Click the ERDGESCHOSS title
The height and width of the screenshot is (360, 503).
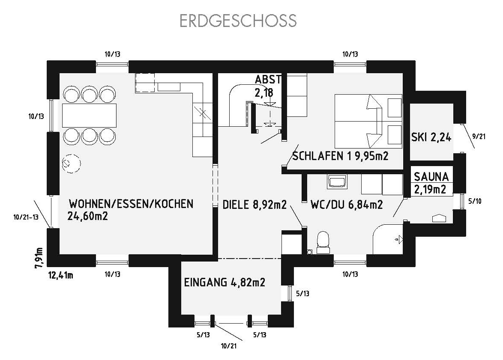pyautogui.click(x=238, y=21)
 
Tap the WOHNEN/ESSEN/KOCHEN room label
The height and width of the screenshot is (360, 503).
pyautogui.click(x=131, y=204)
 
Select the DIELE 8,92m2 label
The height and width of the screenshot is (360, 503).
pyautogui.click(x=254, y=205)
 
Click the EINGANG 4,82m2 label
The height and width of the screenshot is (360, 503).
pyautogui.click(x=225, y=283)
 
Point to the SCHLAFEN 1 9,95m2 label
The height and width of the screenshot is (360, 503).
pyautogui.click(x=340, y=156)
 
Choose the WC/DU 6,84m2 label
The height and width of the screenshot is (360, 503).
pyautogui.click(x=347, y=205)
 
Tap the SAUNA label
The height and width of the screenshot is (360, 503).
pyautogui.click(x=431, y=177)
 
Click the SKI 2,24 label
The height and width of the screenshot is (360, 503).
pyautogui.click(x=431, y=137)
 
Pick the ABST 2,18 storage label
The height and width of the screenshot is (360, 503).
pyautogui.click(x=267, y=86)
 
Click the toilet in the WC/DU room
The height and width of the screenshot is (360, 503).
pyautogui.click(x=323, y=243)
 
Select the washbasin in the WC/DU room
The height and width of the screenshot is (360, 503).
pyautogui.click(x=336, y=182)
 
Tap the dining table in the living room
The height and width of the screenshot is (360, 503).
pyautogui.click(x=89, y=116)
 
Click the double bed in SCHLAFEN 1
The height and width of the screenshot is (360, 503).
pyautogui.click(x=368, y=121)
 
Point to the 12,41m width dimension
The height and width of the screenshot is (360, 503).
pyautogui.click(x=61, y=275)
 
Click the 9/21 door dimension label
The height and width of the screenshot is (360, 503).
pyautogui.click(x=479, y=137)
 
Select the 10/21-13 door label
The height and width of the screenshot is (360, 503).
pyautogui.click(x=26, y=217)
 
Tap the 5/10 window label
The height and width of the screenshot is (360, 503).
pyautogui.click(x=475, y=201)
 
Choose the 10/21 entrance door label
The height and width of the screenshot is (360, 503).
pyautogui.click(x=229, y=346)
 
